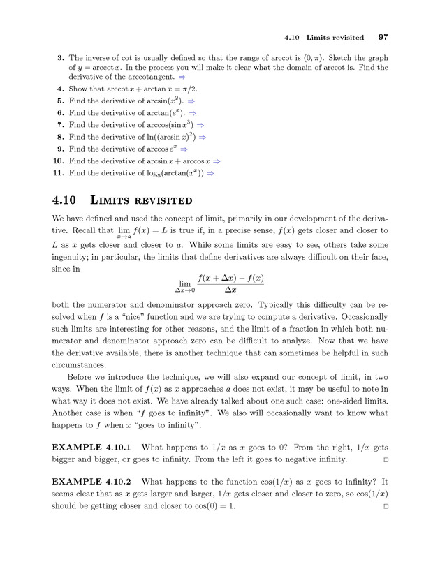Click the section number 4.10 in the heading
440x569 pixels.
pos(66,200)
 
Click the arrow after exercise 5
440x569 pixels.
pos(191,101)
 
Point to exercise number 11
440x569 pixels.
pos(59,172)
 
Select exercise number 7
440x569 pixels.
pos(61,125)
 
